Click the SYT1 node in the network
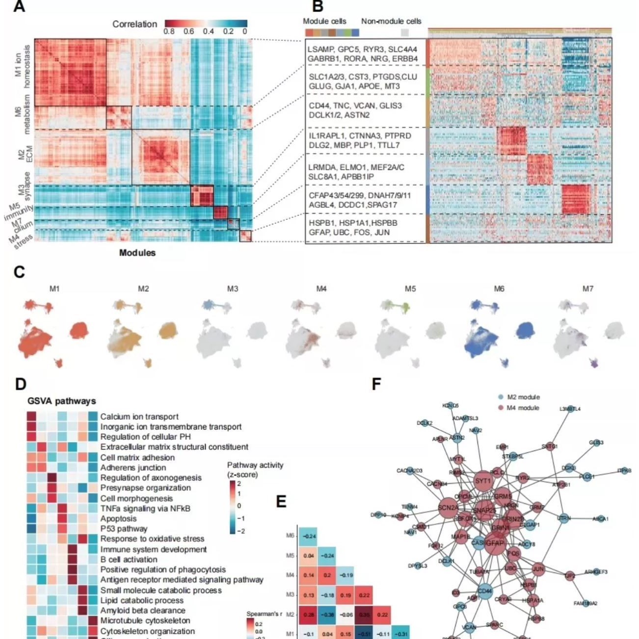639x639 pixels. (x=483, y=481)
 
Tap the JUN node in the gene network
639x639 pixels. (x=538, y=569)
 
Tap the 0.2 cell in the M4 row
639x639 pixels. (x=327, y=575)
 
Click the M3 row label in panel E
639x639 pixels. (x=290, y=595)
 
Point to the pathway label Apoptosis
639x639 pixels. (x=118, y=519)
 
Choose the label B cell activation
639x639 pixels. (x=129, y=559)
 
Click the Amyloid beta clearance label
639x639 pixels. (x=143, y=611)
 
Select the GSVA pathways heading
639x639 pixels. (x=61, y=401)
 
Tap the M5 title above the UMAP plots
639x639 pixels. (x=410, y=289)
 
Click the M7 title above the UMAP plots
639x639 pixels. (x=588, y=289)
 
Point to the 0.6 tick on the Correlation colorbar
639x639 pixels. (x=188, y=32)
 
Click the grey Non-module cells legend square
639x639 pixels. (x=405, y=32)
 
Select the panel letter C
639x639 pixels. (x=20, y=272)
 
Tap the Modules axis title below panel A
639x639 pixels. (x=137, y=253)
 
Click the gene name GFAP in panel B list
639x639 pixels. (x=318, y=232)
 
